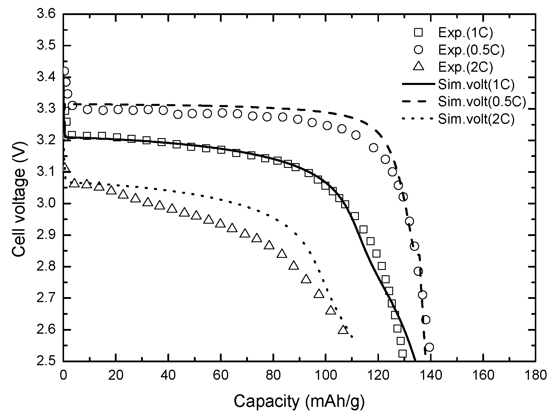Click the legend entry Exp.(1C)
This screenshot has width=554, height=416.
(465, 33)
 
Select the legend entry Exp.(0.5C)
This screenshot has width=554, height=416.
(471, 50)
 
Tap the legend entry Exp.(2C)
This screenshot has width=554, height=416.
(465, 67)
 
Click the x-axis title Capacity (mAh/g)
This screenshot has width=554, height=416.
(299, 401)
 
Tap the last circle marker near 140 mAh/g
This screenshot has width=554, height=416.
(429, 347)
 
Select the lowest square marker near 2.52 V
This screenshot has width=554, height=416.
(402, 353)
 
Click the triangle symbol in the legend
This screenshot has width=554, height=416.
(418, 67)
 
